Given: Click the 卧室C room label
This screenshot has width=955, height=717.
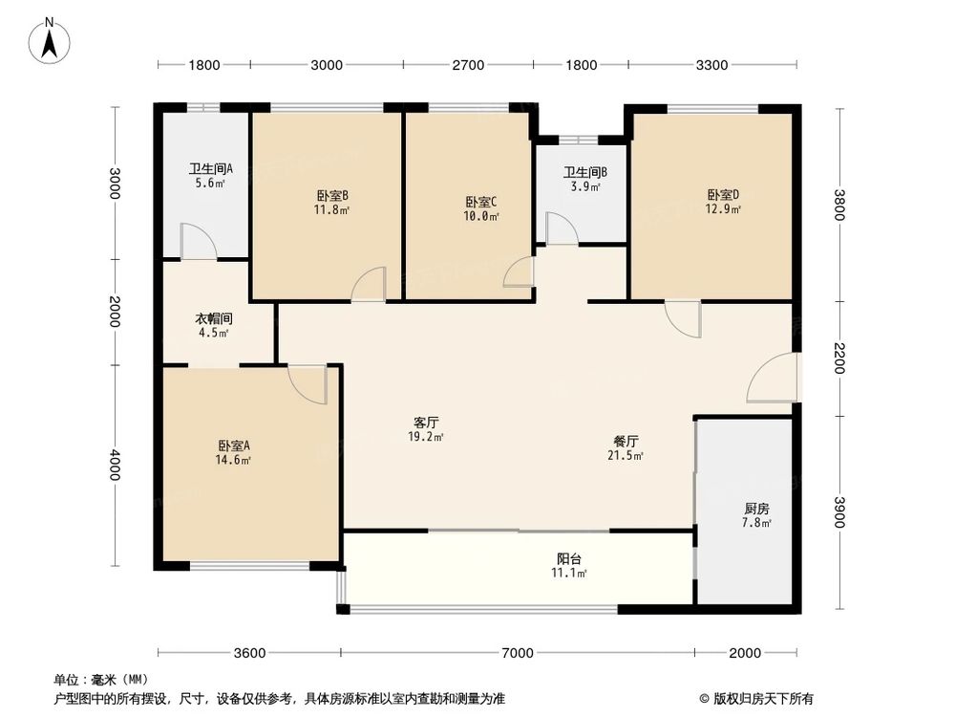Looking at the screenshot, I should coord(481,202).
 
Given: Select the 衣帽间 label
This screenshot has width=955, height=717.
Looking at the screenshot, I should coord(214,318).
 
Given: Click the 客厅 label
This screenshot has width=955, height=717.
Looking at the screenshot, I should coord(426,422).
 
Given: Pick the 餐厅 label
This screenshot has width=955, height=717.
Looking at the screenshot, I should coord(626,442).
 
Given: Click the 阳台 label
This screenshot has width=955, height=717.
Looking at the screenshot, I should coord(570,558).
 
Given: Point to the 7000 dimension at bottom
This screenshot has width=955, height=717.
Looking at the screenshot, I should coord(517,653).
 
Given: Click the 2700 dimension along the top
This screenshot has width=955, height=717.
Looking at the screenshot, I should coord(468,65).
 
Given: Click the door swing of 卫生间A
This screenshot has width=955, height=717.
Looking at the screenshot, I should coord(198,242).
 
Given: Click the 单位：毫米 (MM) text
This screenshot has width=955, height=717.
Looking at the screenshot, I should coord(95,680).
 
